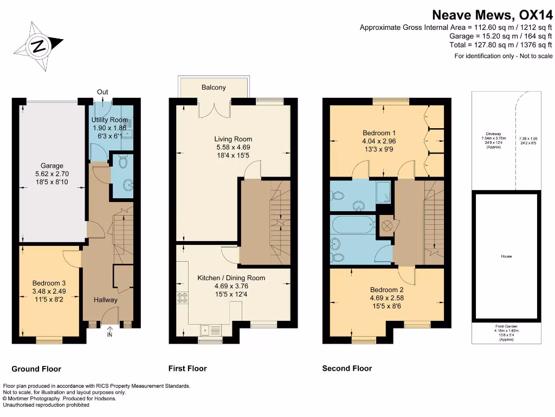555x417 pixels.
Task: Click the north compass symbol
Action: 38,46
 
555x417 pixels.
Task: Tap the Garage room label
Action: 52,166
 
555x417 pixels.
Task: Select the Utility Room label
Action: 110,119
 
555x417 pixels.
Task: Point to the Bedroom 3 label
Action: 49,283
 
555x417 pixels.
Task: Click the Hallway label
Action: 105,300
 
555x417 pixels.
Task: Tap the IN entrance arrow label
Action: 111,335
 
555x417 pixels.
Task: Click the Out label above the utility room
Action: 102,92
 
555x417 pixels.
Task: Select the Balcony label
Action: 214,87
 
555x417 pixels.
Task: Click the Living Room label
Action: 233,139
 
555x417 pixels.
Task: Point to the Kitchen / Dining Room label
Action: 231,278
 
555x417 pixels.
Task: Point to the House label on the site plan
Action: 506,256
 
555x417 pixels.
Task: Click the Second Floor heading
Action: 347,369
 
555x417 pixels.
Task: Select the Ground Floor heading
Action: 36,369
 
